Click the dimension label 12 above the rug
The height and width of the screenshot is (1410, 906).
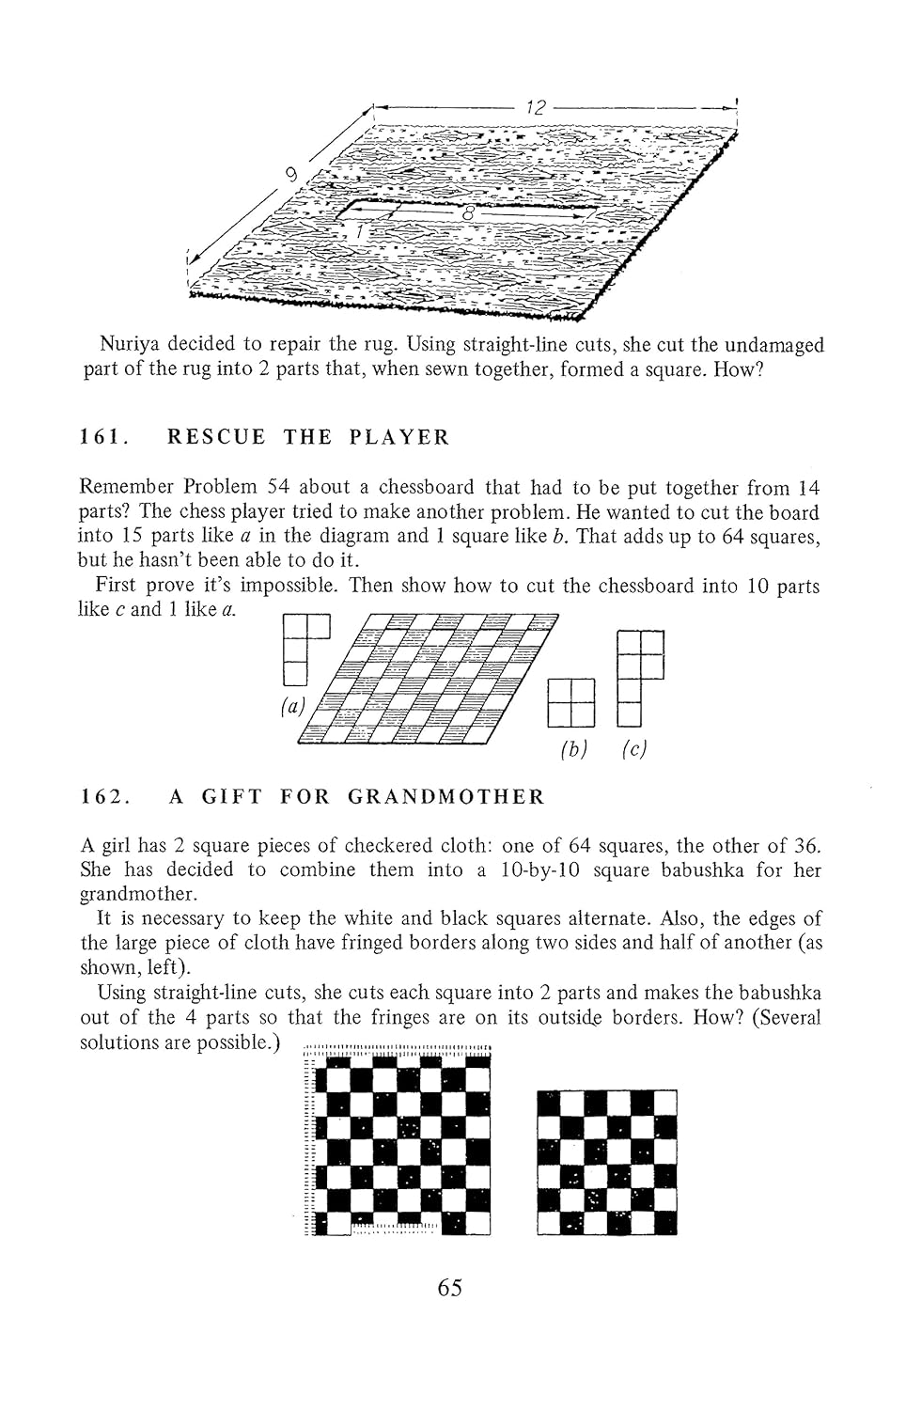(535, 108)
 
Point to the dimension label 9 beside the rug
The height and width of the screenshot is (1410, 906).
(292, 174)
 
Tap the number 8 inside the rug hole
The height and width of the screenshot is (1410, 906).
(467, 214)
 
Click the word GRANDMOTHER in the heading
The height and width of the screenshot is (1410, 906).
(445, 797)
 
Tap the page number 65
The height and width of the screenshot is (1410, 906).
(450, 1288)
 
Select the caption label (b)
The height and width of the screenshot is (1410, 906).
(572, 749)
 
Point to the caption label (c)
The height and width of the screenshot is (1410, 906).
(635, 749)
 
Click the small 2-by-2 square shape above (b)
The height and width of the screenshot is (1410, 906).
(571, 703)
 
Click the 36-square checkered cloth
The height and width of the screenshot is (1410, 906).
(607, 1162)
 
